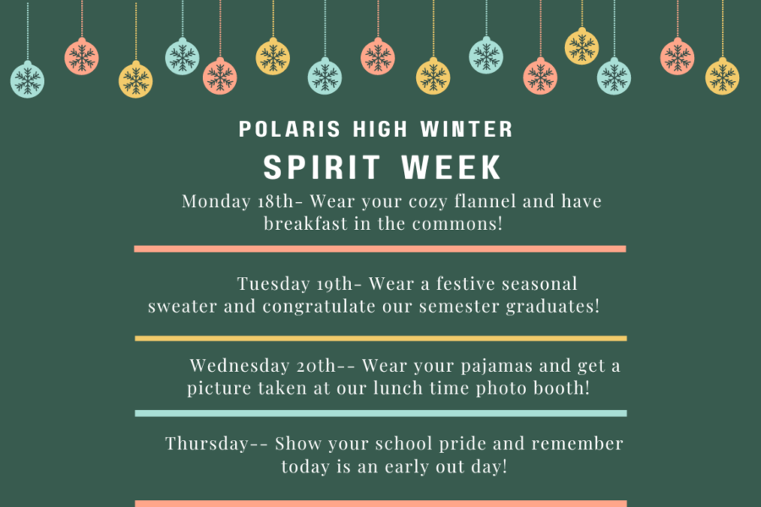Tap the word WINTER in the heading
click(467, 129)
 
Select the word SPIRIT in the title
click(322, 167)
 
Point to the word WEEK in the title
click(452, 167)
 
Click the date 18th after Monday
click(276, 201)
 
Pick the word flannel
click(485, 201)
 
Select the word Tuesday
click(273, 284)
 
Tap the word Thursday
click(207, 444)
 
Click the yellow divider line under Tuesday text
click(380, 338)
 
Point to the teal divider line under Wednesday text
click(380, 413)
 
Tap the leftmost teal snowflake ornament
click(27, 79)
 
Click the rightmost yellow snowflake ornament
click(722, 76)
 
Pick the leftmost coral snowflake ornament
click(81, 57)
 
